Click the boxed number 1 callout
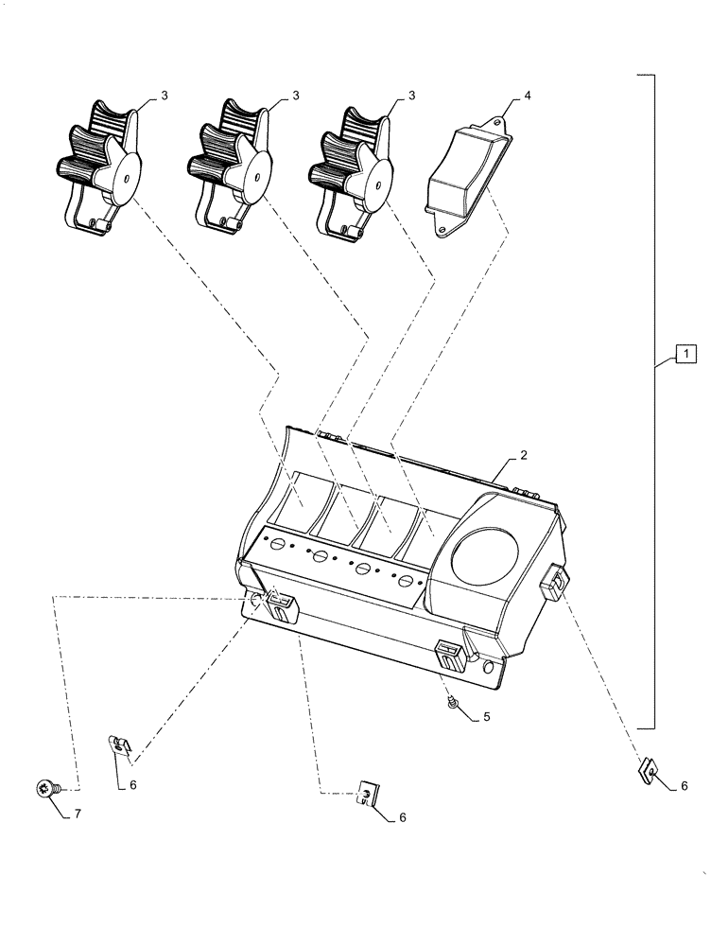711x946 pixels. pos(685,356)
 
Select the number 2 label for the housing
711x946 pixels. pos(523,455)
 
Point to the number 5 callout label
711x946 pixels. pos(486,717)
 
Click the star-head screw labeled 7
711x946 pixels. pos(44,787)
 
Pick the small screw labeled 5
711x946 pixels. pos(455,701)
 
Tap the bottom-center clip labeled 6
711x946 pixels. pos(366,794)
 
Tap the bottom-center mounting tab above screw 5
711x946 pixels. pos(450,654)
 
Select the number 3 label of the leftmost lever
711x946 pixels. pos(165,96)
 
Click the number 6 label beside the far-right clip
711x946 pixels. pos(684,785)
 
